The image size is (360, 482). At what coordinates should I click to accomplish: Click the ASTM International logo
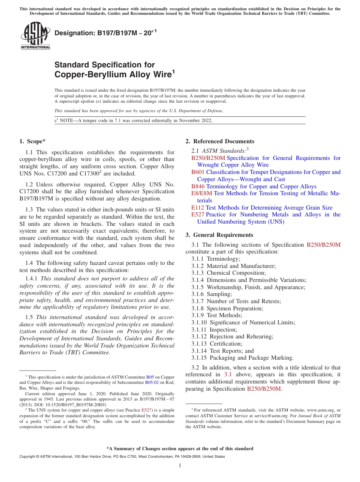coord(35,36)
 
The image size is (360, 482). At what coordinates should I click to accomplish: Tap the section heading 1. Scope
coord(32,141)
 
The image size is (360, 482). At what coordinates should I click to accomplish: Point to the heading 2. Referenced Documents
coord(219,141)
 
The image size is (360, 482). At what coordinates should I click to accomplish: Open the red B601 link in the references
coord(198,172)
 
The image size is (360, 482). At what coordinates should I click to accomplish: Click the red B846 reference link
coord(198,186)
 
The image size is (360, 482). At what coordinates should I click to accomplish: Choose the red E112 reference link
coord(197,208)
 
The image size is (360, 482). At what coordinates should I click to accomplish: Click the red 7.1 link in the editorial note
coord(117,121)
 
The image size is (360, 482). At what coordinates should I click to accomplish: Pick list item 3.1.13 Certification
coord(216,344)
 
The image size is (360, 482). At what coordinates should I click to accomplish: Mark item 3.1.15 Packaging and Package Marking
coord(242,358)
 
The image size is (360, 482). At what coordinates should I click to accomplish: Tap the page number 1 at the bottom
coord(180,466)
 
